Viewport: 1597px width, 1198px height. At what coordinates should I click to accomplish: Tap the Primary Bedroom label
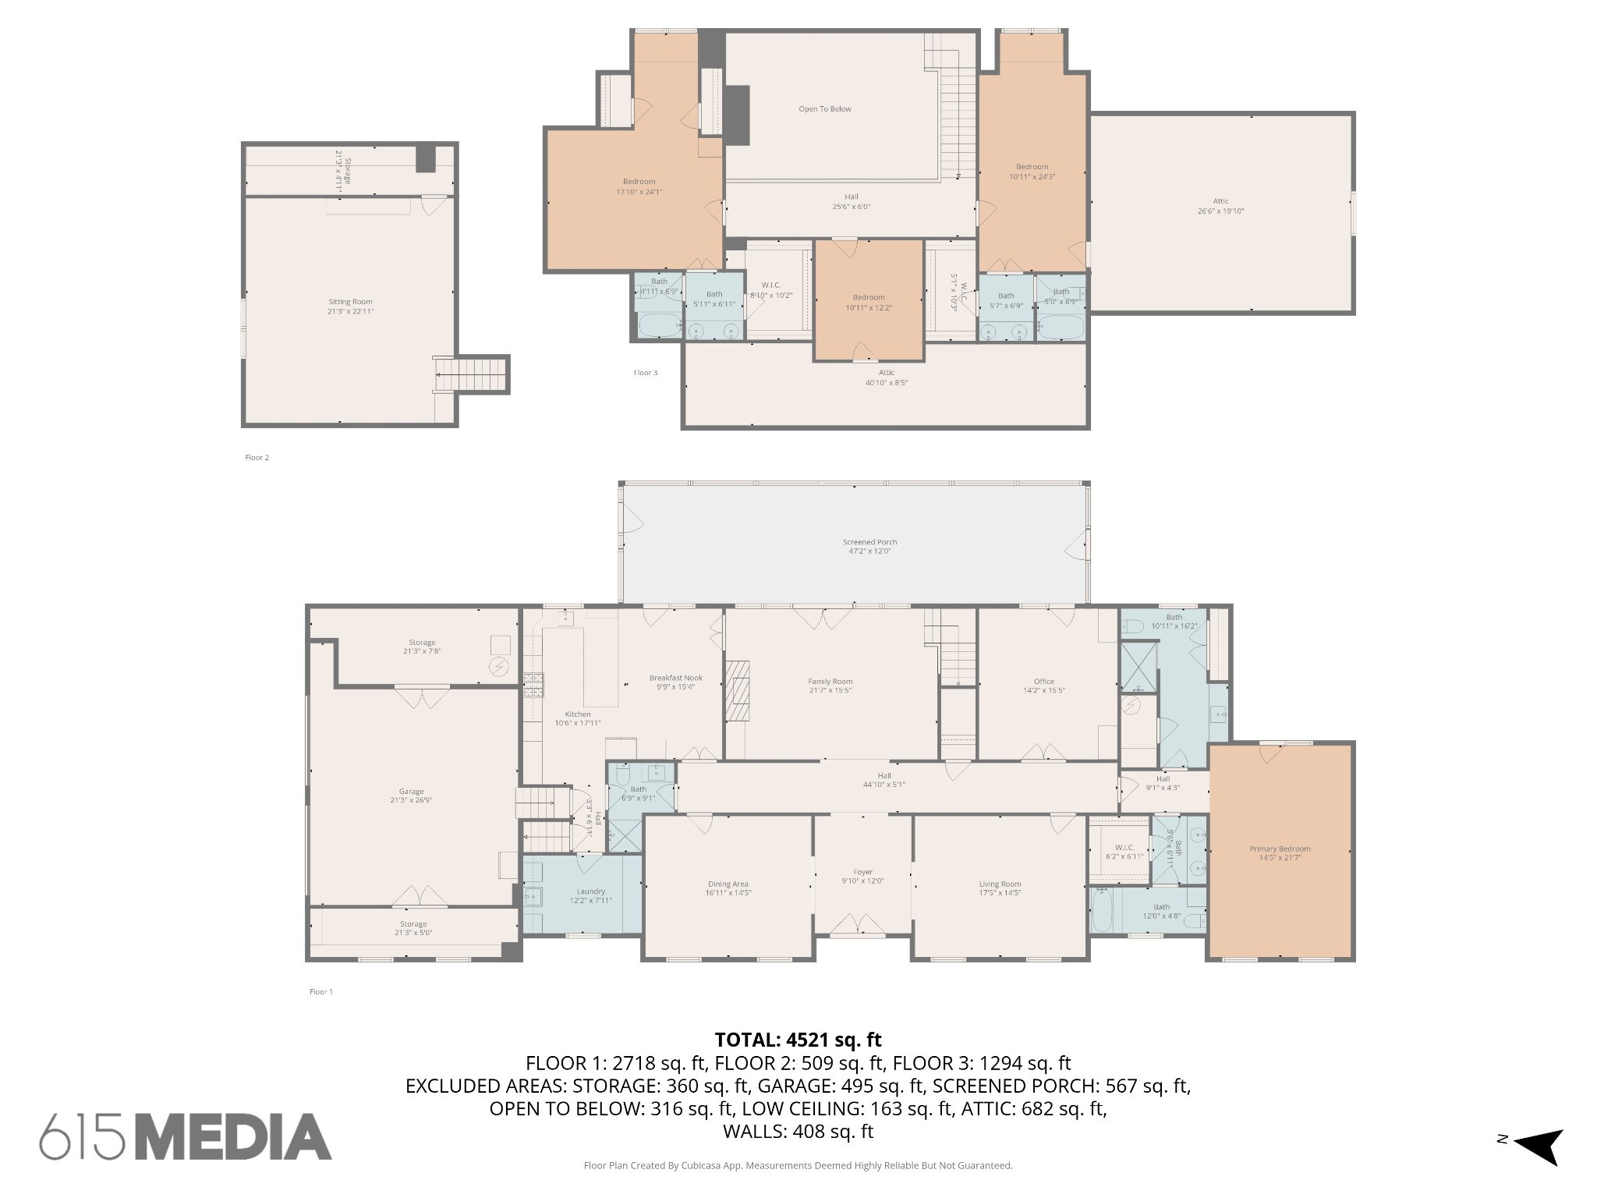click(x=1280, y=849)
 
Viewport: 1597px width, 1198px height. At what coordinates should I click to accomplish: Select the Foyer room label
click(x=862, y=872)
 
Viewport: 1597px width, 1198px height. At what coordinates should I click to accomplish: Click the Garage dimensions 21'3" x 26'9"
click(x=412, y=800)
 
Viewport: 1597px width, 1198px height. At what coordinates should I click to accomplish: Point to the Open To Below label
click(x=824, y=109)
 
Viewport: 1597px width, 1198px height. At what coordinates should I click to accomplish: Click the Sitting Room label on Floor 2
click(x=350, y=302)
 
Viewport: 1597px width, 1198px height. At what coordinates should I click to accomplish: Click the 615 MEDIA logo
click(x=186, y=1137)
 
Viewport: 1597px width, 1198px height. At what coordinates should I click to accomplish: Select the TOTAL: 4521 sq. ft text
click(x=798, y=1040)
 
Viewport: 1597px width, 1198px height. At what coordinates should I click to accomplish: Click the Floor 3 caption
click(x=645, y=373)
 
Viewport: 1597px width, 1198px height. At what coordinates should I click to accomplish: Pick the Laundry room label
click(x=591, y=891)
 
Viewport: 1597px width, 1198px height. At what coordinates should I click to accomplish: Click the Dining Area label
click(x=728, y=884)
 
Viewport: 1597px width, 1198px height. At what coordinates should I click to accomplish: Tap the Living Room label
click(x=1000, y=884)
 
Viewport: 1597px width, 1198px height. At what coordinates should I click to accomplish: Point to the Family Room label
click(x=830, y=682)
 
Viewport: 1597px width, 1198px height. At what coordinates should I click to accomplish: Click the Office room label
click(x=1043, y=682)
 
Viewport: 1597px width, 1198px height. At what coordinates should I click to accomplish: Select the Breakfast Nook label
click(x=676, y=678)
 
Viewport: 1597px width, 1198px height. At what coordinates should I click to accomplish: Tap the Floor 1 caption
click(x=321, y=992)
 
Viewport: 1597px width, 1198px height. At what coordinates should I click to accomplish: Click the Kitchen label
click(x=578, y=714)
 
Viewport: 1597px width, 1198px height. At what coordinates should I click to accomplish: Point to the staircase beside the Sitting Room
click(x=472, y=375)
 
